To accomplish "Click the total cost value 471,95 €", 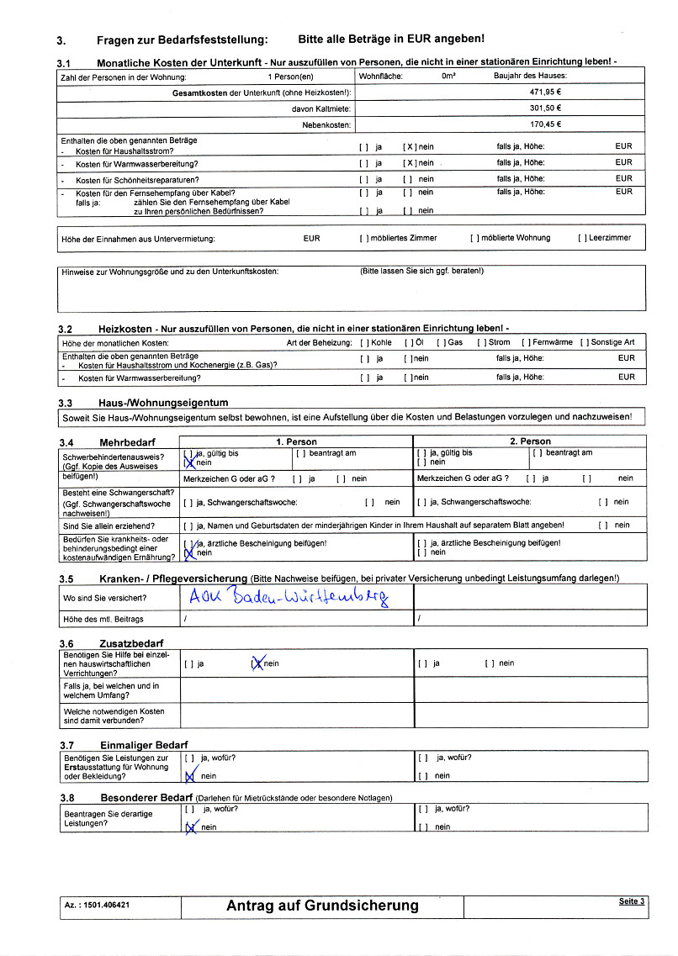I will click(546, 92).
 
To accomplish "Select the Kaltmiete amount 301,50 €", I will click(546, 108).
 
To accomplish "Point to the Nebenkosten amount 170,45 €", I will click(546, 124).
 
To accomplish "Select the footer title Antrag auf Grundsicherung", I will click(322, 906).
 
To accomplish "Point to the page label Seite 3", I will click(632, 901).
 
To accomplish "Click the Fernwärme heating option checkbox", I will click(525, 343).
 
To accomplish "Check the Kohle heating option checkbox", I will click(363, 343).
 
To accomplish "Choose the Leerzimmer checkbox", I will click(581, 238).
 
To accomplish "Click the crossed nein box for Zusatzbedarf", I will click(257, 663).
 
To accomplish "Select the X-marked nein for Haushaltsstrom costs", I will click(409, 146).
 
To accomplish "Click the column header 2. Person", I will click(530, 441).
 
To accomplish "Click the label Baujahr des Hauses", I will click(529, 76).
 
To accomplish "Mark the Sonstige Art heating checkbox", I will click(584, 343).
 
